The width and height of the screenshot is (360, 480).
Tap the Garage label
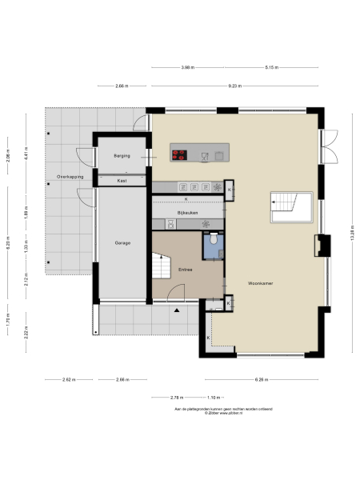click(122, 242)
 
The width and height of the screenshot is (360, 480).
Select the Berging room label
click(122, 156)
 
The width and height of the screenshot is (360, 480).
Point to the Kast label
click(122, 181)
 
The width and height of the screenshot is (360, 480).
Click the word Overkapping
click(60, 175)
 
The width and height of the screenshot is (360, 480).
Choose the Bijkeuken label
click(187, 214)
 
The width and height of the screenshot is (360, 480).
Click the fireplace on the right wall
click(322, 244)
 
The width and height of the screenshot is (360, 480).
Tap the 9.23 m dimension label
click(234, 85)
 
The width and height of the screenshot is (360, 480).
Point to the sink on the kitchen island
click(206, 155)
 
